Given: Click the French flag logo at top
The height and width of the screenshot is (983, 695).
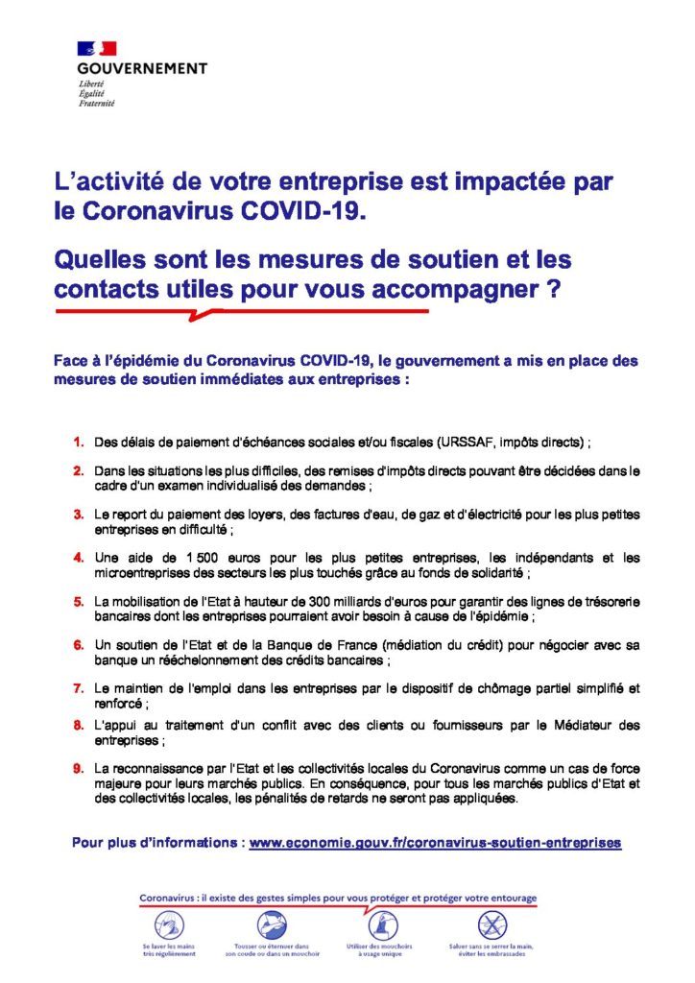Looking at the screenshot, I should [97, 48].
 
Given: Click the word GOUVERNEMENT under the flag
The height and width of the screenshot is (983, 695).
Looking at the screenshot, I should [142, 69].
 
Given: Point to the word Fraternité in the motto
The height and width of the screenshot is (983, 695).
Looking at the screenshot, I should [97, 103].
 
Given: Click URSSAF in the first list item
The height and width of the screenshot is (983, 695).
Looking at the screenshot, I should [467, 443].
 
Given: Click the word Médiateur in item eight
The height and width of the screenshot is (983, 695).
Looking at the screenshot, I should [576, 725].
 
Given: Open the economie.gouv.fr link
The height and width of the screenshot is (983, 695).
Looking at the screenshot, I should [435, 843].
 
